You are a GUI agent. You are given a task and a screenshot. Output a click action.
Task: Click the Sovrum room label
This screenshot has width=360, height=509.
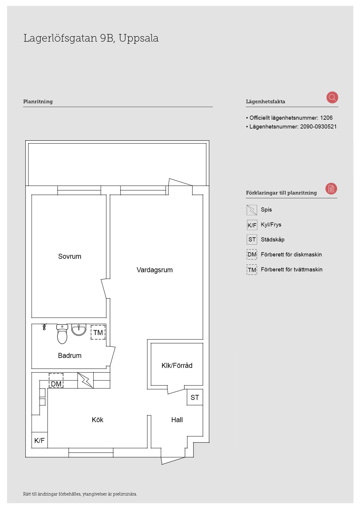pos(70,256)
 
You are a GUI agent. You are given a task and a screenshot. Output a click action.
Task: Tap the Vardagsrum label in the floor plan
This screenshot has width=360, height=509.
pos(154,270)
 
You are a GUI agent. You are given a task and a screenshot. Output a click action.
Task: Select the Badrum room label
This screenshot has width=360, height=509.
pos(70,356)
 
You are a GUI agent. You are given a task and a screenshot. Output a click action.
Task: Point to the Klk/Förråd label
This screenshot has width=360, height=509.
pos(177,366)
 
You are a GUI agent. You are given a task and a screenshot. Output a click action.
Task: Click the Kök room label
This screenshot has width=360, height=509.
pos(98,420)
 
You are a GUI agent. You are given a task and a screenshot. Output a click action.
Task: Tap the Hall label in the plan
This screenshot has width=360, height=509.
pos(177,420)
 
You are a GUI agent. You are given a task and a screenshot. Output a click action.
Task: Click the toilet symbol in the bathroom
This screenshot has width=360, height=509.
pos(62,334)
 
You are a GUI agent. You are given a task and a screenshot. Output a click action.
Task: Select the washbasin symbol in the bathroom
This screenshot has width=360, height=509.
pos(79,330)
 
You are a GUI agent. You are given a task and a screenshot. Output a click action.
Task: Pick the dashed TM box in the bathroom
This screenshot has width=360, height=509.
pos(98,332)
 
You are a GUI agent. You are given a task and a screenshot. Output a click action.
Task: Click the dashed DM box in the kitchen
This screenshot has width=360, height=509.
pos(56,381)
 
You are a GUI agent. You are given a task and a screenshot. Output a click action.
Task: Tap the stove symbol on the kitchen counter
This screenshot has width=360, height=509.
pos(86,380)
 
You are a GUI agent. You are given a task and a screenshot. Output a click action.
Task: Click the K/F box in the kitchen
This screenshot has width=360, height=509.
pos(40,440)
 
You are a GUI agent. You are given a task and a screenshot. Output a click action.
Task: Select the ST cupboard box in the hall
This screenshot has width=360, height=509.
pos(195,397)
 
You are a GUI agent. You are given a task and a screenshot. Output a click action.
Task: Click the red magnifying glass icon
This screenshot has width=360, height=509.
pos(332,97)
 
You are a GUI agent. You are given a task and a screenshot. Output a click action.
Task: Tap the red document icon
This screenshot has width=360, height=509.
pos(331,189)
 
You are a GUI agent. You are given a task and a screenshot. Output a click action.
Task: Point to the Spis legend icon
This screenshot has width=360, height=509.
pos(252,210)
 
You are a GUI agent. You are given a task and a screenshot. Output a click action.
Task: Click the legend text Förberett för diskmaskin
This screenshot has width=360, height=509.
pos(291,255)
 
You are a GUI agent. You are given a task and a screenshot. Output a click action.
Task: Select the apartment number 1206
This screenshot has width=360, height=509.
pos(326,118)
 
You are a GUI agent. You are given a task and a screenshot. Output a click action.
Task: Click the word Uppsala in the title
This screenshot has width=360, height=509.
pos(139,38)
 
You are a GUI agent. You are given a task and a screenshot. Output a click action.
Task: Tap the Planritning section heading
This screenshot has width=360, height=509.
pos(38,102)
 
